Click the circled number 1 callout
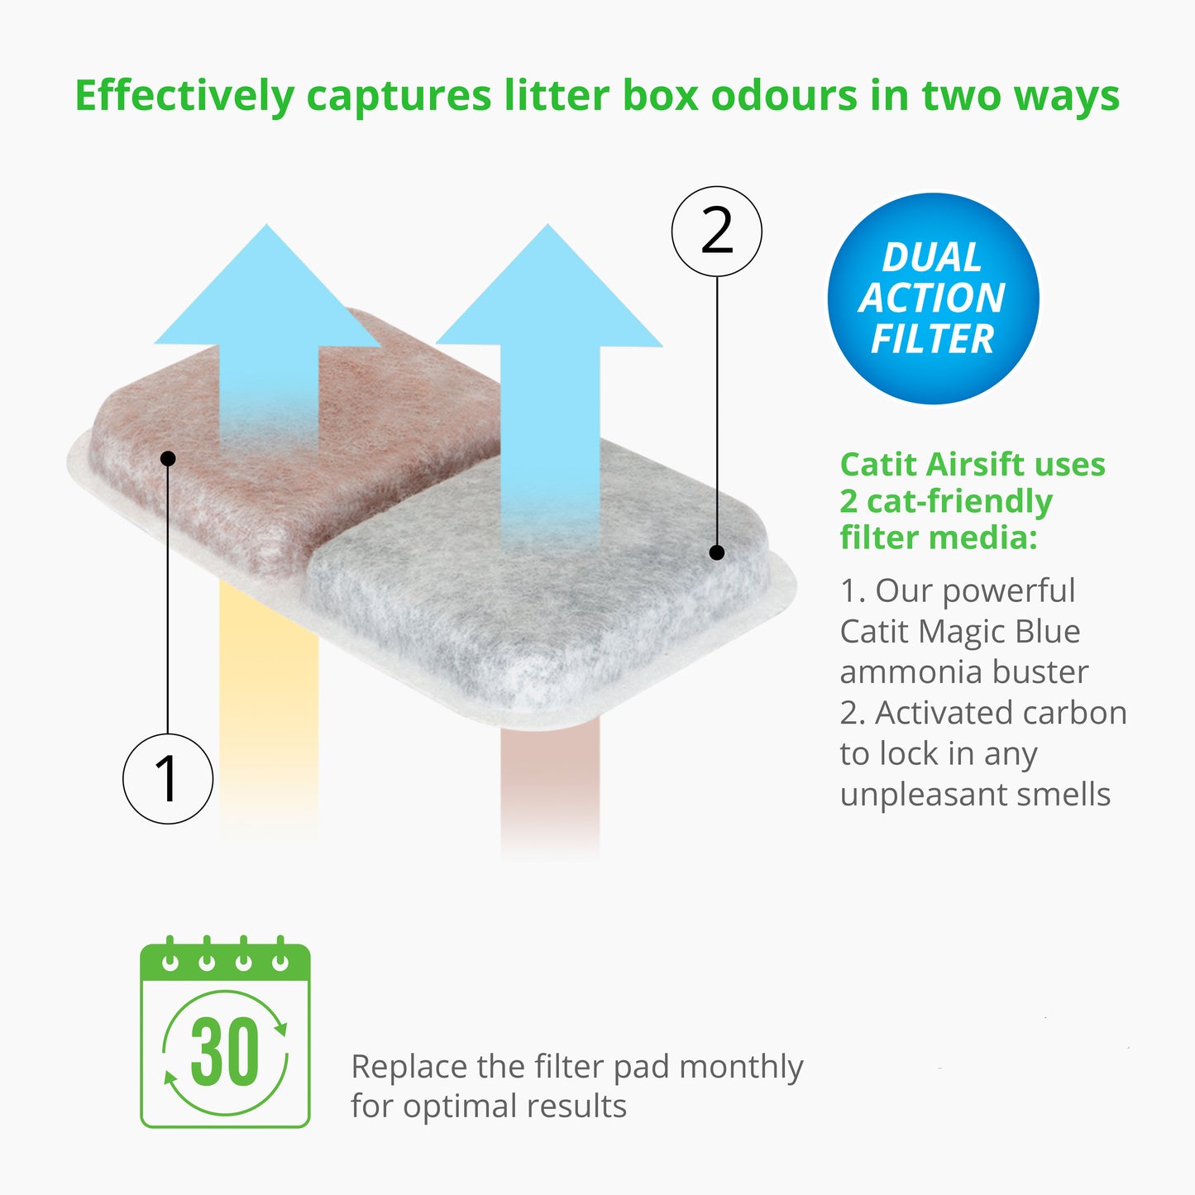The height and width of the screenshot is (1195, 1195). (x=168, y=778)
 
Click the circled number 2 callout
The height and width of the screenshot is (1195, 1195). (x=716, y=232)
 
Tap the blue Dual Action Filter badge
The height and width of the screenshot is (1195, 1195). (x=933, y=299)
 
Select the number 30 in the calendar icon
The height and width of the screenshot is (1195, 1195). (x=225, y=1052)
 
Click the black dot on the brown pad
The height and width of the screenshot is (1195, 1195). (x=168, y=458)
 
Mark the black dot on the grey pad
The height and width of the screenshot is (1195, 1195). (x=717, y=552)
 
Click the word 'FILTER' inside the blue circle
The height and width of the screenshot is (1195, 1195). (x=932, y=339)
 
